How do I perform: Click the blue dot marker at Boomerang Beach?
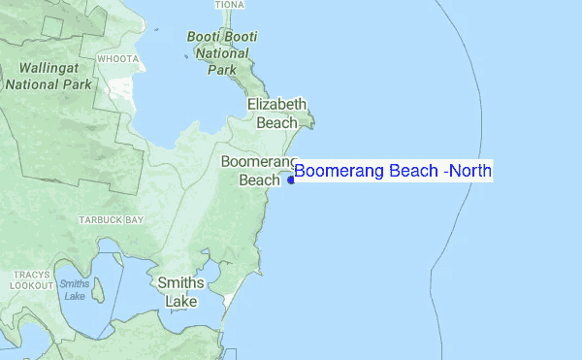coord(291,180)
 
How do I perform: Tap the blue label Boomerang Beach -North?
coord(393,172)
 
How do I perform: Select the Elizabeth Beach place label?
coord(276,114)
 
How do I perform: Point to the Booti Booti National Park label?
coord(222,53)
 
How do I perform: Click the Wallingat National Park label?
coord(49,77)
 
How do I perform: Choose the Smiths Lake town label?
coord(181,292)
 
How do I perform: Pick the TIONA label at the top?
coord(230,5)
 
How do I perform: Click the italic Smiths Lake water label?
coord(74,289)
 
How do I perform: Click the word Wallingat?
coord(49,69)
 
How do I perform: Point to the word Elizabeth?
coord(276,105)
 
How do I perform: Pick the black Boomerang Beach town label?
coord(258,170)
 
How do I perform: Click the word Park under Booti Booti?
coord(222,69)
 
